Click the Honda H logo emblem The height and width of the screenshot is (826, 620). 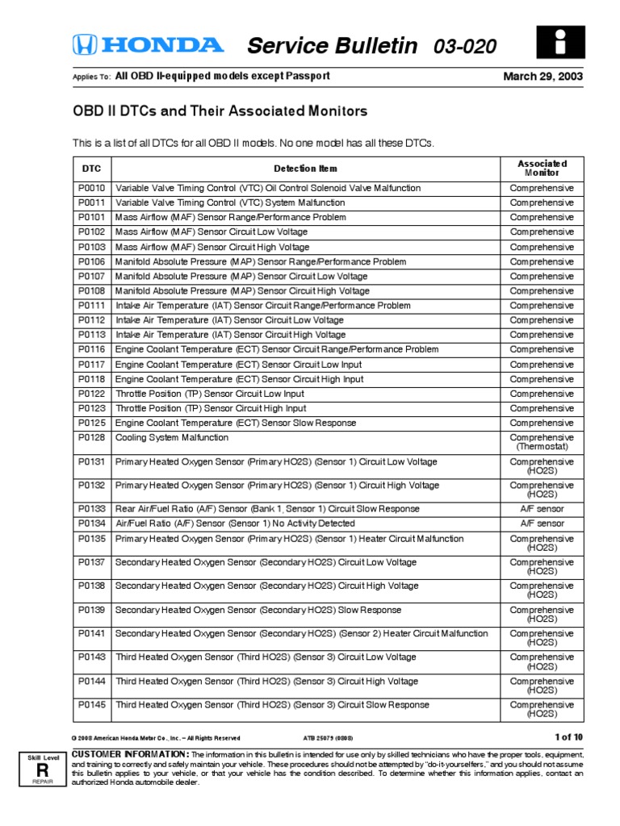(x=85, y=45)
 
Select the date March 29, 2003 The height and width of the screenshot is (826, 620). (x=543, y=77)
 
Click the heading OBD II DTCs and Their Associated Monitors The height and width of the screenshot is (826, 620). (x=220, y=111)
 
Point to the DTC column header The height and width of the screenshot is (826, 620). (x=91, y=169)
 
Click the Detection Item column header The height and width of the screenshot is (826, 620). (x=305, y=169)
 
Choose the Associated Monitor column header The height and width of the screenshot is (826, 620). (x=542, y=168)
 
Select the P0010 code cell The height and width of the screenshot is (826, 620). (x=91, y=188)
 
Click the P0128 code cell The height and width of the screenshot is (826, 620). (x=91, y=437)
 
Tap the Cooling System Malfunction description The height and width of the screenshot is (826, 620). (x=172, y=437)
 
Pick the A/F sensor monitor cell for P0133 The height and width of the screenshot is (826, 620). (x=542, y=509)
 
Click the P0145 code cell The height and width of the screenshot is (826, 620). (x=91, y=704)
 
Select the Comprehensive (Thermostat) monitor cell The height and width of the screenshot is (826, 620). (x=542, y=442)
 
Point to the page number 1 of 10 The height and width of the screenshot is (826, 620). (x=568, y=736)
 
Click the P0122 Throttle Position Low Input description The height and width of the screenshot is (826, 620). (x=210, y=394)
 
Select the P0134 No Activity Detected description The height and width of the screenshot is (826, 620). (x=235, y=524)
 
